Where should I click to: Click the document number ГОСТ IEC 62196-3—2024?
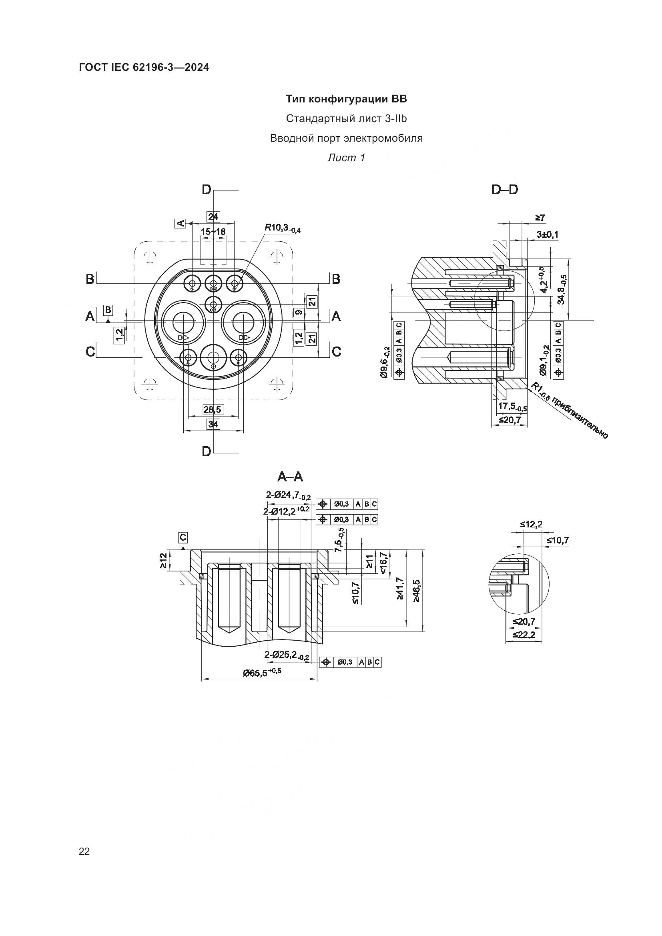pos(144,68)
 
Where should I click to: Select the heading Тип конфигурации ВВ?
pos(346,99)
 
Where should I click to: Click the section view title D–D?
pos(505,190)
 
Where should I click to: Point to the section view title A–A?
pos(290,476)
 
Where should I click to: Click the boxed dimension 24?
pos(213,216)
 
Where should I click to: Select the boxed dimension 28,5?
pos(213,409)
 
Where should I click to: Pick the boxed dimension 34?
pos(213,424)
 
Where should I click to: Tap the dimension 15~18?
pos(213,232)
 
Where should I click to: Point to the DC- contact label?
pos(183,338)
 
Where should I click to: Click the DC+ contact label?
pos(244,338)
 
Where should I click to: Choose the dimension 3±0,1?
pos(547,235)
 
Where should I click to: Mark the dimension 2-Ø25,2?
pos(287,655)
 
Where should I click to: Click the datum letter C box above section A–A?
pos(183,538)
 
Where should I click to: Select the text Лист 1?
pos(346,158)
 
